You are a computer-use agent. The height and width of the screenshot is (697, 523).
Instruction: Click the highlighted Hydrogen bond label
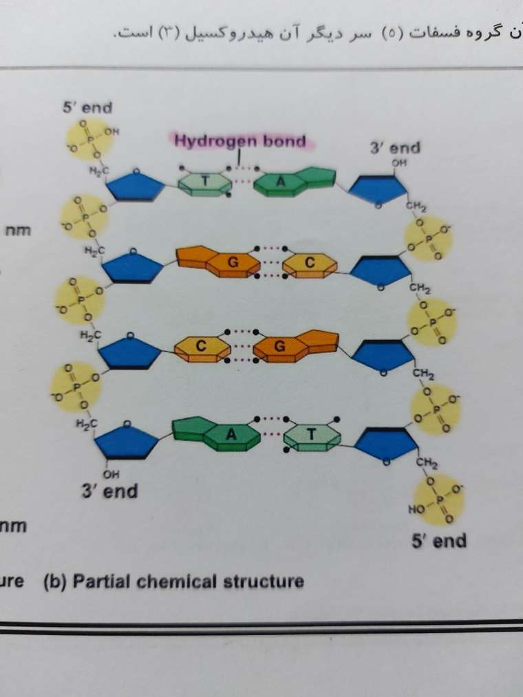240,141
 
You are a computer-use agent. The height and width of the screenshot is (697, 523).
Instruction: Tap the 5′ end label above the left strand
87,107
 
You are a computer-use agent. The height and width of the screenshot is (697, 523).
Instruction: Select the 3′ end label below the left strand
109,491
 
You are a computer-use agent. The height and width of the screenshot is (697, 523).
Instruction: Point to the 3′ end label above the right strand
395,147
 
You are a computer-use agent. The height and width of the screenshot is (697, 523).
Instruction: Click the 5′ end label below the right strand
439,541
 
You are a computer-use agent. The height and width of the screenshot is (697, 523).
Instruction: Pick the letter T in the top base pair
205,181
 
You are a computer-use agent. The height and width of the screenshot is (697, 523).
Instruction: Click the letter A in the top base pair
280,182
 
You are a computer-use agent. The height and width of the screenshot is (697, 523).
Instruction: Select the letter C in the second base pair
310,263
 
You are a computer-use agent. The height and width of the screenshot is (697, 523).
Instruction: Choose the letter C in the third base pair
201,346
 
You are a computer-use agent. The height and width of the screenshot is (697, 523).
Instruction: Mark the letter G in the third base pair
279,346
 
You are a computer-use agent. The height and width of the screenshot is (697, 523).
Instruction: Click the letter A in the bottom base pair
231,434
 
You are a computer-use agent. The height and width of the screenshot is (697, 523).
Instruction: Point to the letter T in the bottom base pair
312,434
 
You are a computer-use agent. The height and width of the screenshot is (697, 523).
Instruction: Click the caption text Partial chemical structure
188,581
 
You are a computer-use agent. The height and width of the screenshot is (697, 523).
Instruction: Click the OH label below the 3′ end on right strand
399,162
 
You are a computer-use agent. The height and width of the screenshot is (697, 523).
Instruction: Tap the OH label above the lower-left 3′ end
111,474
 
